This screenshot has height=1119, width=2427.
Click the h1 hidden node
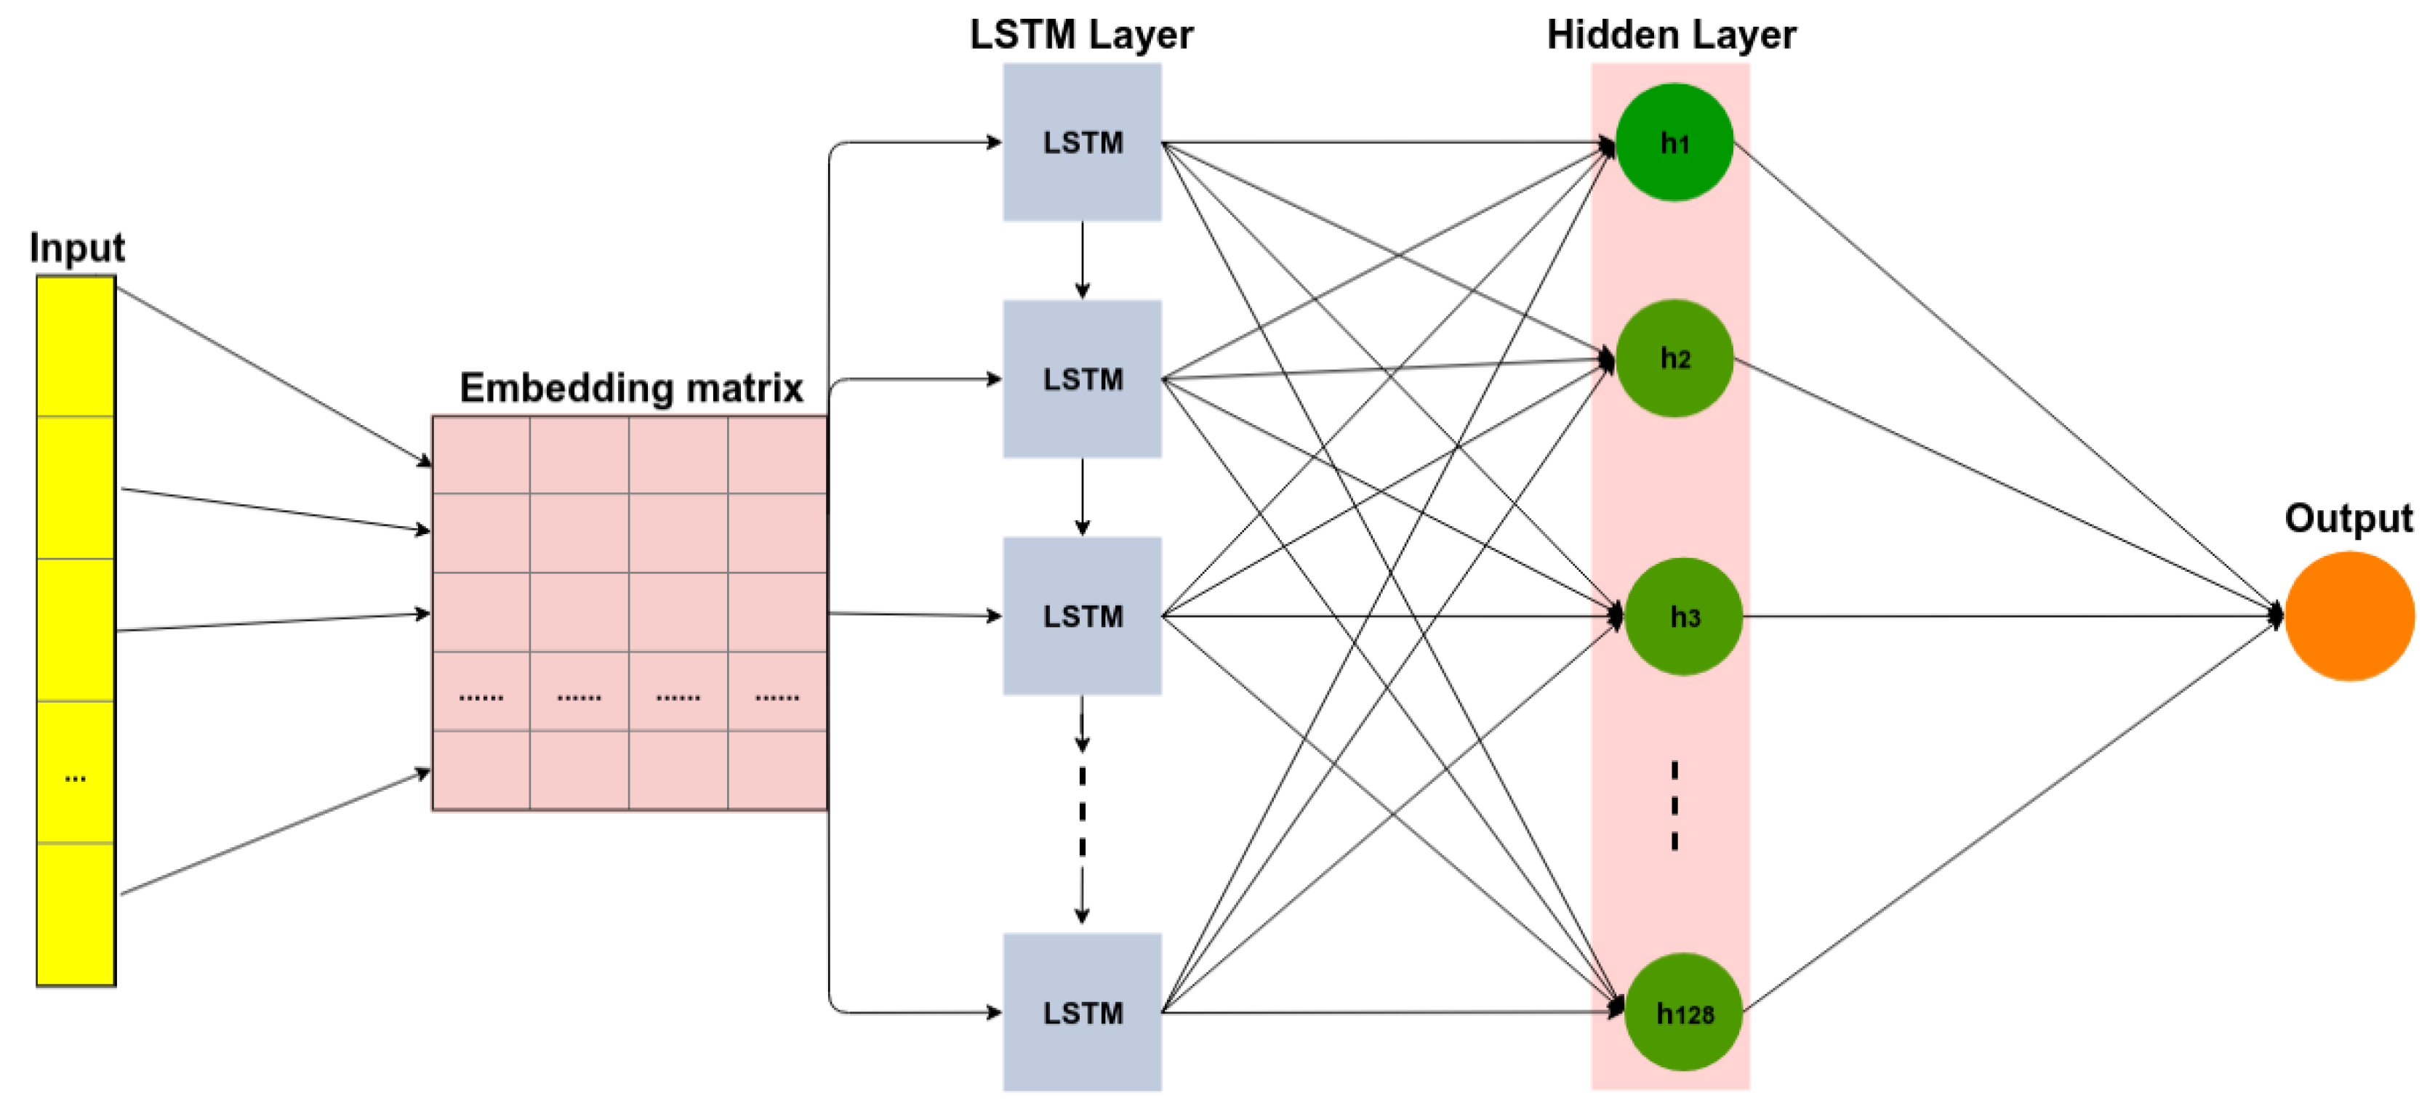pos(1674,142)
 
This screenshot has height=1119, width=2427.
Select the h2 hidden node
pos(1674,358)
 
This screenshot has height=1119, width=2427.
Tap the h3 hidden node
pos(1684,616)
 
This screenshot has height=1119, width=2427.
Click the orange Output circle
pos(2350,616)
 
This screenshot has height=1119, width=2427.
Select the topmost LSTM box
pos(1082,142)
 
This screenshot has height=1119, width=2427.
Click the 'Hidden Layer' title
pos(1672,35)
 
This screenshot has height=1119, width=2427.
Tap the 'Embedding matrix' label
pos(631,387)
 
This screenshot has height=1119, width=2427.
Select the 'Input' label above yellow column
pos(76,247)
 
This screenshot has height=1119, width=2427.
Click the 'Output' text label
pos(2348,517)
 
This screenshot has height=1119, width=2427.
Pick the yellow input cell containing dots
pos(76,772)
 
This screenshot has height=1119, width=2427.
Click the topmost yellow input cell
pos(76,346)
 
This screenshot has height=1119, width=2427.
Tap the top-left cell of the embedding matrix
pos(481,455)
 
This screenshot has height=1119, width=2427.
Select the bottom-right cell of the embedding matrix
pos(777,769)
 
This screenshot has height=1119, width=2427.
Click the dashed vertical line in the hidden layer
pos(1674,805)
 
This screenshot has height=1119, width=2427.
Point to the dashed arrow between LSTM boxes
pos(1082,810)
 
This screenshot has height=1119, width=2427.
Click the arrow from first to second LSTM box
pos(1082,260)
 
